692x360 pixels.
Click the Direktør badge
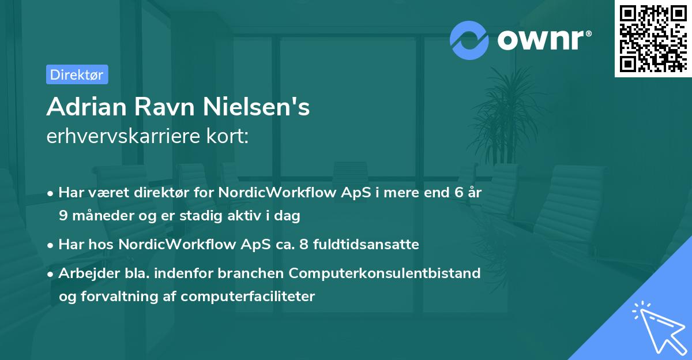point(77,74)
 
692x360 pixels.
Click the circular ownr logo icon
point(469,39)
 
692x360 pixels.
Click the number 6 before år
point(459,193)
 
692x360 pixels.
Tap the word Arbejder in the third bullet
point(83,273)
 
